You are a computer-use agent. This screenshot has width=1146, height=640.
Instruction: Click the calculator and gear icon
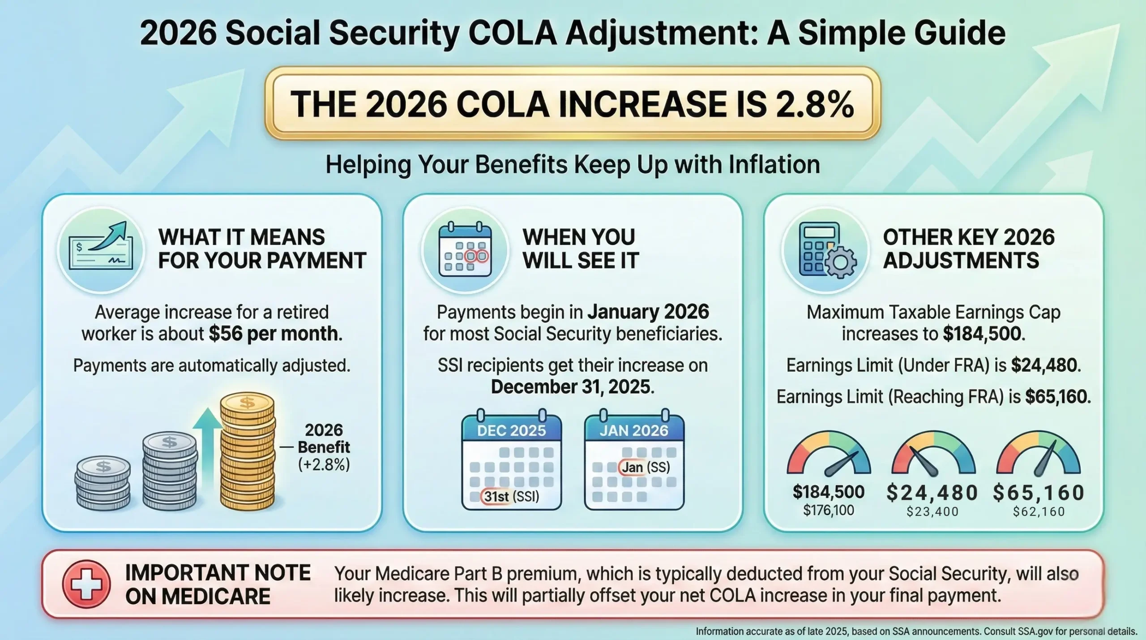(827, 250)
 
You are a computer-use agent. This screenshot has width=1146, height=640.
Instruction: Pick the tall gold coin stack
(247, 451)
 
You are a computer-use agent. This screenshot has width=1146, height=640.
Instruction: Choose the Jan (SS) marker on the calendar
(645, 468)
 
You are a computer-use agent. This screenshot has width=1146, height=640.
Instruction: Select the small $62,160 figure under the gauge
(1039, 511)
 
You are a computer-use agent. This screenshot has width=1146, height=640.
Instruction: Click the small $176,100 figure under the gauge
(829, 511)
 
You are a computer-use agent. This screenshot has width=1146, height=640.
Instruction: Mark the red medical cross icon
(86, 584)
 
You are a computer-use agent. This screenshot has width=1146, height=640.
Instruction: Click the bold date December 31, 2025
(572, 387)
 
